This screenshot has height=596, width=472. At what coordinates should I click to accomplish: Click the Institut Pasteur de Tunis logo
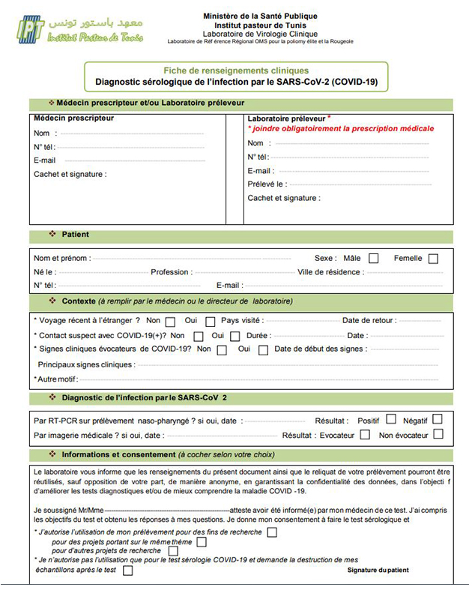point(79,30)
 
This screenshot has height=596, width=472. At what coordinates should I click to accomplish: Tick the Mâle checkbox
point(374,259)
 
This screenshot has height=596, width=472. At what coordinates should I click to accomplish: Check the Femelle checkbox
point(433,259)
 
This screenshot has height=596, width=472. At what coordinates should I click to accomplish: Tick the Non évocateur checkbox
point(438,434)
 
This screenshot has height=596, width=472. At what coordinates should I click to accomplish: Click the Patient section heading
point(75,235)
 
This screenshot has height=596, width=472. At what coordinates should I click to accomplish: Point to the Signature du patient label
point(378,571)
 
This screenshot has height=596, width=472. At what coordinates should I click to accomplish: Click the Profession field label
point(172,272)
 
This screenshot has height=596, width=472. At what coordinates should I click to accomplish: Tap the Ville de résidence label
point(330,272)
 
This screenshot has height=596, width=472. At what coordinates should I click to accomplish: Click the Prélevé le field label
point(266,184)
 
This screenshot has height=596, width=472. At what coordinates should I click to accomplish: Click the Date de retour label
point(370,320)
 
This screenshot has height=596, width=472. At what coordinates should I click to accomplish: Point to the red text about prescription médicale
point(341,129)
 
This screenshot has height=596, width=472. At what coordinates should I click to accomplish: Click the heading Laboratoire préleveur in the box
point(286,118)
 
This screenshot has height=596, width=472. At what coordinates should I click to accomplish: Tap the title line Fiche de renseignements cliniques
point(242,70)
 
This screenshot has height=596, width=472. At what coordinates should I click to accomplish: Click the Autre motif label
point(55,379)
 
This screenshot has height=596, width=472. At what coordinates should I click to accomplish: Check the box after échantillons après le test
point(127,571)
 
